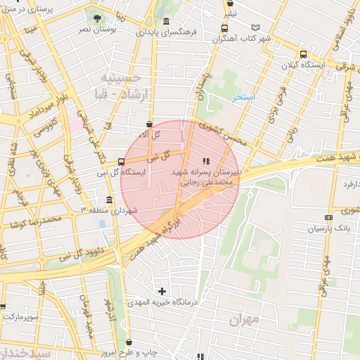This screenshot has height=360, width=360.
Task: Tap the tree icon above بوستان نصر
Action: click(x=96, y=18)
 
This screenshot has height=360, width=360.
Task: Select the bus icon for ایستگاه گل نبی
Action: click(x=122, y=161)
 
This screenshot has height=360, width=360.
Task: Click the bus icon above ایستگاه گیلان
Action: click(x=303, y=54)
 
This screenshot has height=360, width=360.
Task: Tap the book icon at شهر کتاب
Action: click(x=255, y=28)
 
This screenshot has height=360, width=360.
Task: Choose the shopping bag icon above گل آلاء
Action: click(x=150, y=124)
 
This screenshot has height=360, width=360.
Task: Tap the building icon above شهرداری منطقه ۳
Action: click(x=108, y=199)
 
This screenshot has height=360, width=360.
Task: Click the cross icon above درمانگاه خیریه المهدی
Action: click(x=162, y=290)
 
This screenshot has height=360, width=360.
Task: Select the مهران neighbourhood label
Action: click(x=243, y=319)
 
